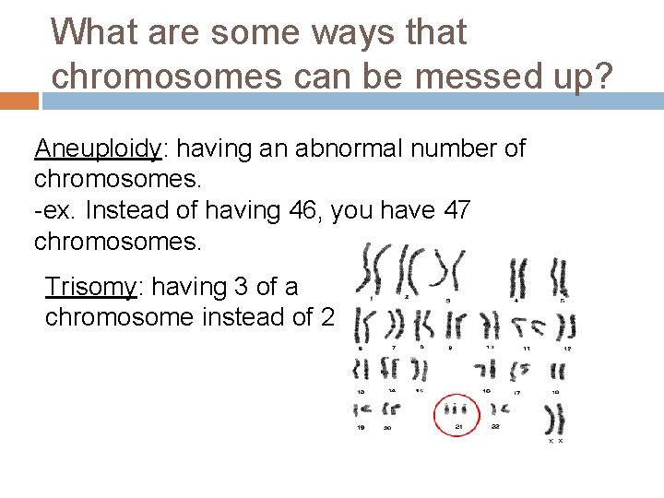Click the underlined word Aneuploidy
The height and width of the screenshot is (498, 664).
coord(98,148)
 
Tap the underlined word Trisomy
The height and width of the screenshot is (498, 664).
coord(90,287)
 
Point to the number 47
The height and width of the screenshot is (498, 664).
coord(456,211)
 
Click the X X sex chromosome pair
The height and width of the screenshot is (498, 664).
coord(556,420)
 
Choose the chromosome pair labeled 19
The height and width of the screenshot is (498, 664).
coord(362,407)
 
